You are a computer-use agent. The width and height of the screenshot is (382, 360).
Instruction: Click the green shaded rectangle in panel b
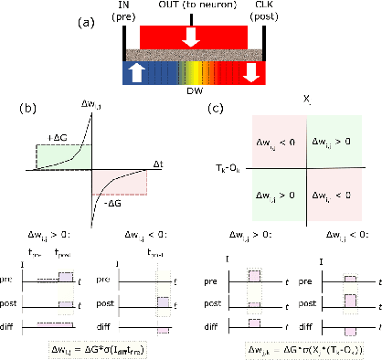point(69,153)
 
